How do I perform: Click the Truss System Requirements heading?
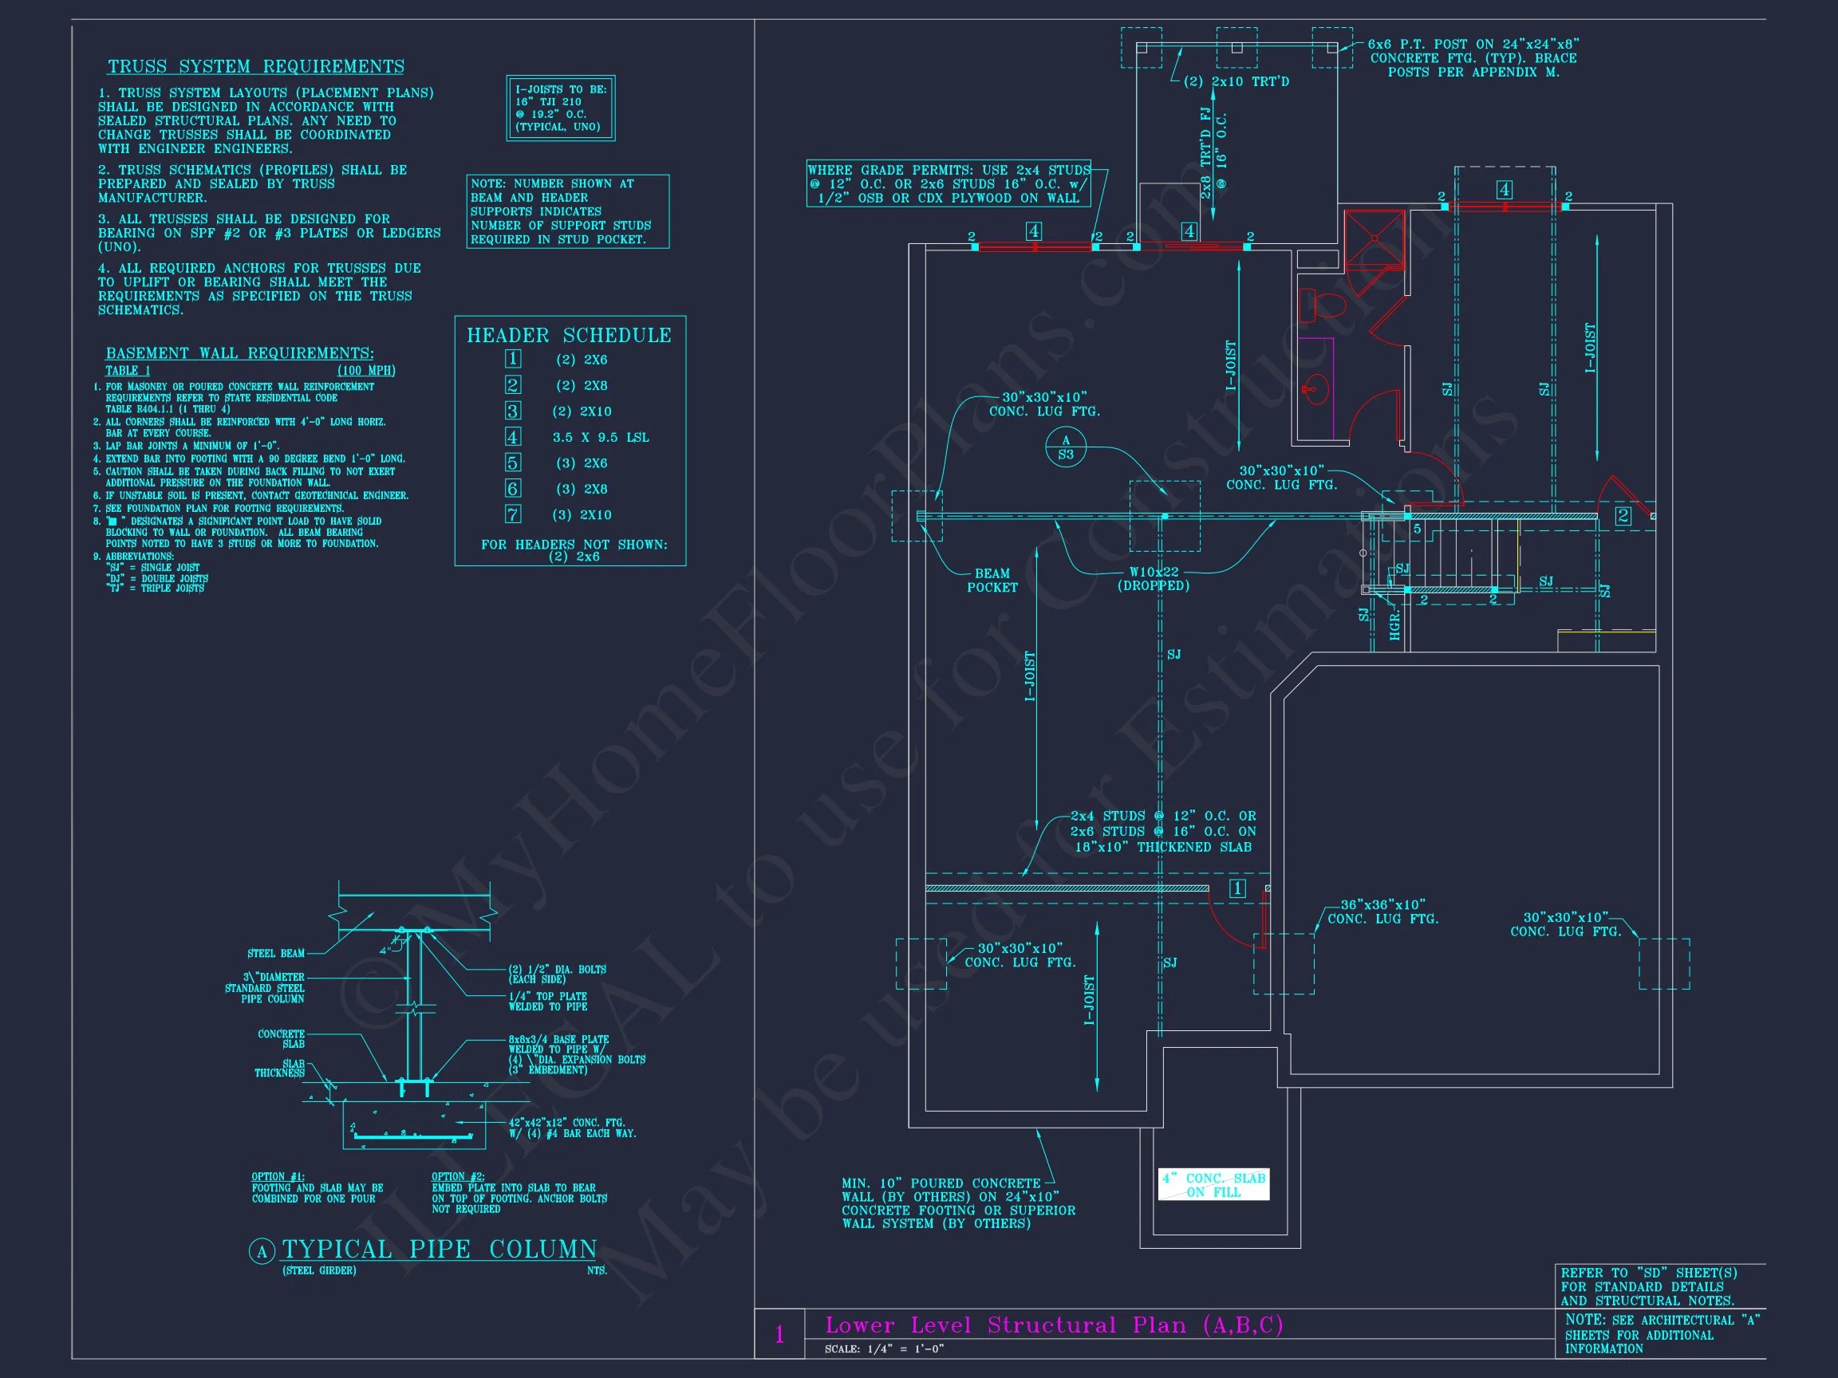(x=255, y=66)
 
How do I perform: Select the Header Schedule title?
(x=568, y=336)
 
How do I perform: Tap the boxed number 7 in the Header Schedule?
(x=513, y=515)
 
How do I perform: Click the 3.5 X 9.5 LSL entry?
(x=600, y=438)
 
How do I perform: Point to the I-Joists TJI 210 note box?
(x=561, y=108)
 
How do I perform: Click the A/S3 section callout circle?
(x=1065, y=447)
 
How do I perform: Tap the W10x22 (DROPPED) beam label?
(x=1154, y=579)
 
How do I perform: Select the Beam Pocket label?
(x=992, y=581)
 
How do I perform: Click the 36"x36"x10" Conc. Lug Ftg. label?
(x=1382, y=912)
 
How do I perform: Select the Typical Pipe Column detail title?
(x=439, y=1250)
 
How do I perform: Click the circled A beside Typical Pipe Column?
(x=262, y=1252)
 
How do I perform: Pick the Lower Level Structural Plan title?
(x=1054, y=1325)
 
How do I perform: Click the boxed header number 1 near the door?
(x=1237, y=889)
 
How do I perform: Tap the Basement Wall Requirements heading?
(x=239, y=354)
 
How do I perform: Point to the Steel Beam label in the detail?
(x=276, y=954)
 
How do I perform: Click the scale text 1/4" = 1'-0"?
(x=884, y=1349)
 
